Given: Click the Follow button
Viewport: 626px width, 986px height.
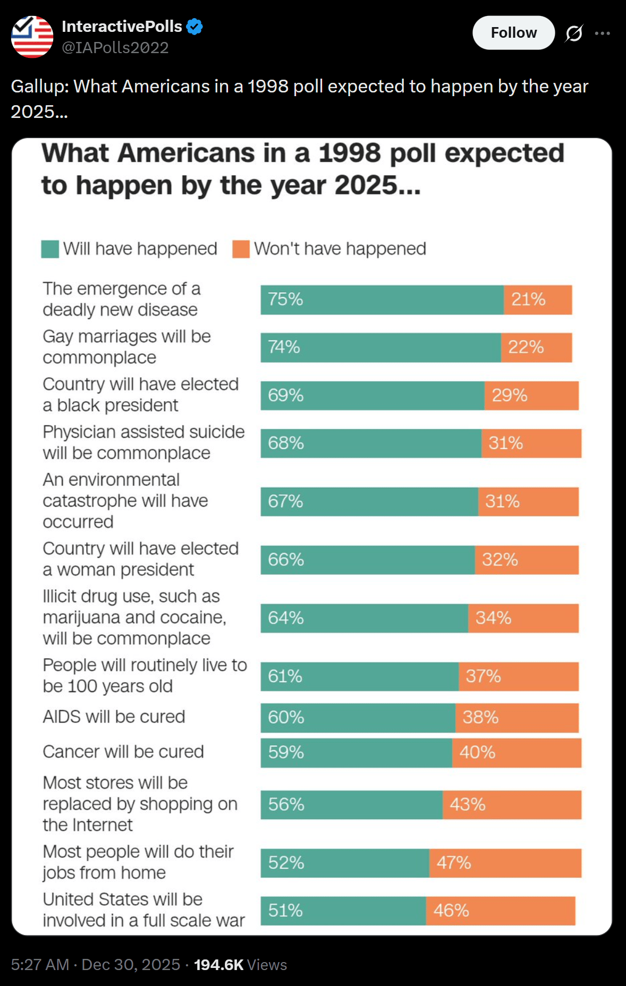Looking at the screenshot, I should [513, 33].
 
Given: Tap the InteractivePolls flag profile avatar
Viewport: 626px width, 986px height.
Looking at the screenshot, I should [32, 37].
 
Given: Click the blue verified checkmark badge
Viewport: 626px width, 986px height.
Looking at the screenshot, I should [194, 26].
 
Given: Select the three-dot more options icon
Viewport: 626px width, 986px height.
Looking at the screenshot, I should [602, 33].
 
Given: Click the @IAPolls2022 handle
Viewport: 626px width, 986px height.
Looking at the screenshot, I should [115, 48].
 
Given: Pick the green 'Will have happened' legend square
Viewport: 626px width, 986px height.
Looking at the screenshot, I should [50, 249].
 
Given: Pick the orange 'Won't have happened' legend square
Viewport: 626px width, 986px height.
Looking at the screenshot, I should [241, 249].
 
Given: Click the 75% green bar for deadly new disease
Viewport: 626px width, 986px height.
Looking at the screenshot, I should [382, 300].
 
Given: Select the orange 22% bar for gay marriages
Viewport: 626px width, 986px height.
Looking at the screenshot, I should [536, 347].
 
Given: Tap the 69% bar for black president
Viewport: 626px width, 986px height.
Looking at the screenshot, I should [372, 395].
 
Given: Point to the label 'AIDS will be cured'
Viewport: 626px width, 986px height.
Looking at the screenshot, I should [114, 717].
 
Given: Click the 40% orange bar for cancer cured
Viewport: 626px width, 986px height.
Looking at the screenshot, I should [517, 752].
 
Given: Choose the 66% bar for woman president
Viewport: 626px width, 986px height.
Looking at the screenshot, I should [367, 560].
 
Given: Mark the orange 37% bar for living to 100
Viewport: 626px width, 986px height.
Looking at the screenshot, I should [518, 676].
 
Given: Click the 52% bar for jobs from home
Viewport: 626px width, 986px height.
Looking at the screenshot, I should [344, 863].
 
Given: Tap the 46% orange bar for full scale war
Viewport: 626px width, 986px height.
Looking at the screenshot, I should [500, 911].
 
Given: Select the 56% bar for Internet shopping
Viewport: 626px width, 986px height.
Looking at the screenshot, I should [351, 804].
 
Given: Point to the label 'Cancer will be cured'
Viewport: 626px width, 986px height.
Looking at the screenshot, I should [123, 752].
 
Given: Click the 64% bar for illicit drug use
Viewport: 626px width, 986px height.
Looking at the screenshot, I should [364, 618].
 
